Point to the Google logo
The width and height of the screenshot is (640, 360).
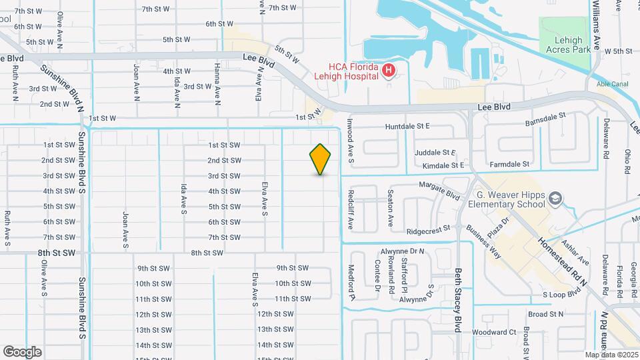pyautogui.click(x=22, y=351)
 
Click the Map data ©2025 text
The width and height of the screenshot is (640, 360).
pyautogui.click(x=611, y=355)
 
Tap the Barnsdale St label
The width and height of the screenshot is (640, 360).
pyautogui.click(x=545, y=115)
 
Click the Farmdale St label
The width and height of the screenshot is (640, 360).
pyautogui.click(x=509, y=164)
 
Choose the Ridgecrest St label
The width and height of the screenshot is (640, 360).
pyautogui.click(x=428, y=229)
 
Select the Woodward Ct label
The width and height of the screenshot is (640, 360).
pyautogui.click(x=494, y=332)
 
